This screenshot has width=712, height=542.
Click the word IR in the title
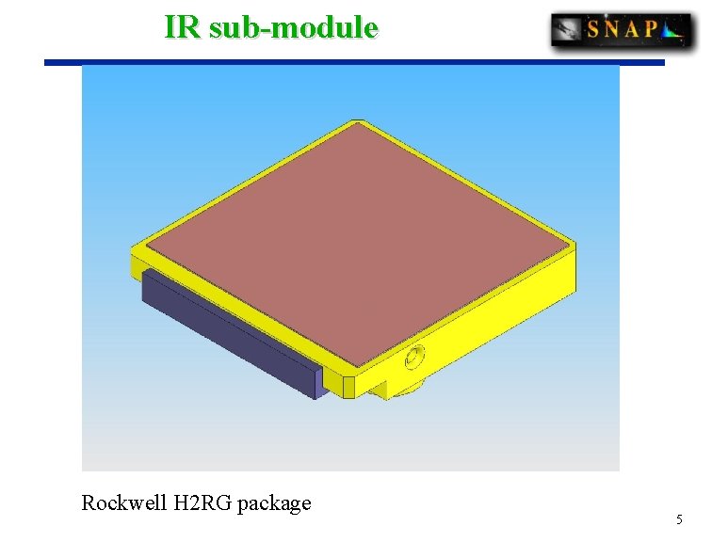click(183, 26)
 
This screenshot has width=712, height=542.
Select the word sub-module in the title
click(293, 26)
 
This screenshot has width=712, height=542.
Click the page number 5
click(679, 520)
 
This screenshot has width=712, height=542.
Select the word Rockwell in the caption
click(123, 503)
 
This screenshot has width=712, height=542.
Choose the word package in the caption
click(274, 503)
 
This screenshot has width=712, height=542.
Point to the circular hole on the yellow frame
click(413, 358)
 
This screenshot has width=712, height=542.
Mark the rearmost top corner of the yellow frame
click(356, 121)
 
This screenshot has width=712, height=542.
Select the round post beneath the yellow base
click(405, 391)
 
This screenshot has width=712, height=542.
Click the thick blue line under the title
click(354, 63)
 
